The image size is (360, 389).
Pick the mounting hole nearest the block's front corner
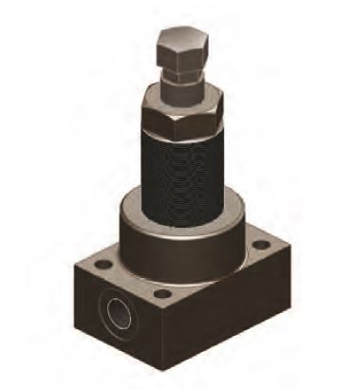[x=162, y=294]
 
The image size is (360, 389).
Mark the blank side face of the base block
[x=228, y=313]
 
